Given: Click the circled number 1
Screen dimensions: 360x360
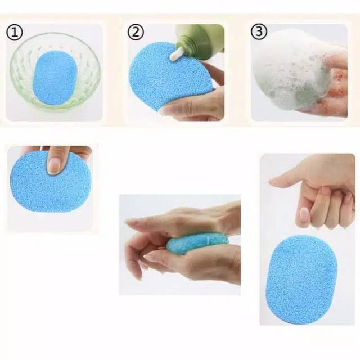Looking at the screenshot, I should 15,33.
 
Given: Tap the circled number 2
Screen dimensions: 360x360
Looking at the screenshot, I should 135,32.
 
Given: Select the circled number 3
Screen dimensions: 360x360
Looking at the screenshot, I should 259,32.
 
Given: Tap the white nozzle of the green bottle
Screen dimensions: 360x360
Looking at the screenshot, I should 177,53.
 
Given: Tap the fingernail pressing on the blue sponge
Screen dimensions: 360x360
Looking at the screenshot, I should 55,164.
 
